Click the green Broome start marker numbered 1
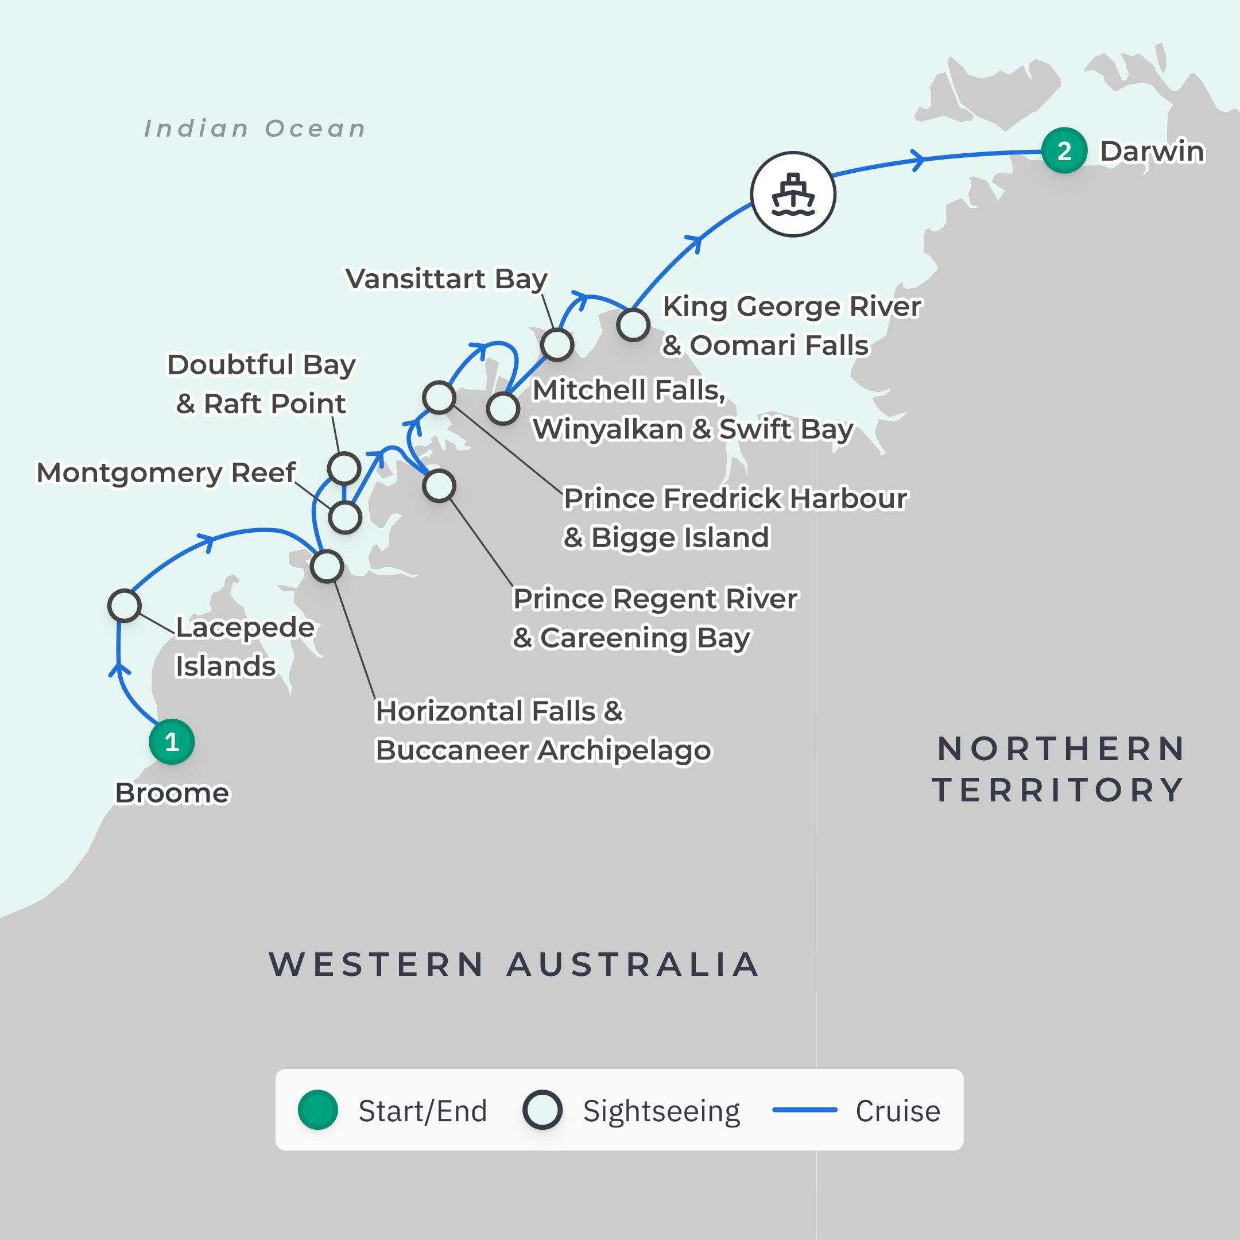tap(172, 742)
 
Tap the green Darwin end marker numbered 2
tap(1064, 151)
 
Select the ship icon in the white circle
tap(793, 194)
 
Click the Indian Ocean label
tap(255, 129)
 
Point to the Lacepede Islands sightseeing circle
tap(125, 605)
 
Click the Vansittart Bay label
tap(446, 278)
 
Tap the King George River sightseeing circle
tap(633, 325)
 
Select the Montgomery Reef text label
tap(165, 472)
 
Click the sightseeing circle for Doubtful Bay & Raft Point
tap(344, 468)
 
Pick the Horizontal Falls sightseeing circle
tap(327, 567)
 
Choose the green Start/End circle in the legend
tap(317, 1110)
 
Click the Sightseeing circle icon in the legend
tap(542, 1110)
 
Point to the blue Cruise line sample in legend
tap(804, 1110)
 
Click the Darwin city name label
tap(1152, 152)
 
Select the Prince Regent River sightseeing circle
tap(439, 486)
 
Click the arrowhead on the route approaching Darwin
tap(919, 159)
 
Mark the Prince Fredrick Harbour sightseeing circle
tap(439, 397)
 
